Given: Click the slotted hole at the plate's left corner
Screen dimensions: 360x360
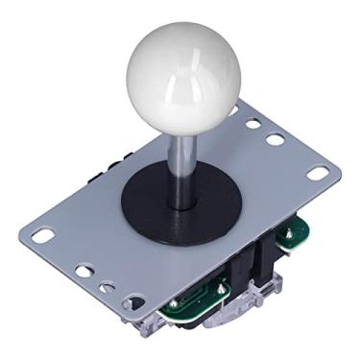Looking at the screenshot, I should click(x=42, y=233).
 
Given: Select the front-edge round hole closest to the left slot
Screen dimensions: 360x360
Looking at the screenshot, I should click(x=84, y=272).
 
